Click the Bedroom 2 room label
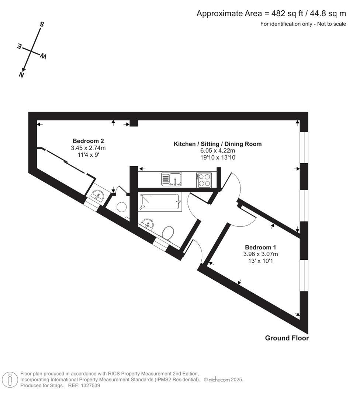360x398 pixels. point(88,141)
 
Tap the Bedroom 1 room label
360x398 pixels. point(260,247)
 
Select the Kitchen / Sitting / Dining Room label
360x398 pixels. point(218,144)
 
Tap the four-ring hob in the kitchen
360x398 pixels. point(204,180)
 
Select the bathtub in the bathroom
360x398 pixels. point(161,202)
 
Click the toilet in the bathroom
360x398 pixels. point(168,232)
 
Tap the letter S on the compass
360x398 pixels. point(42,25)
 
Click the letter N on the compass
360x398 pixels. point(22,74)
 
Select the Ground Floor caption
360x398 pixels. point(287,338)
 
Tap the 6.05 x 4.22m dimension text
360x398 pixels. point(218,151)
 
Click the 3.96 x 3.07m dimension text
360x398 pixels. point(260,254)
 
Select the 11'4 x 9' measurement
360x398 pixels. point(88,154)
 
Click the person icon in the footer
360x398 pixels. point(10,380)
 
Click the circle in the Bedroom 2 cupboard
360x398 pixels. point(121,207)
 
